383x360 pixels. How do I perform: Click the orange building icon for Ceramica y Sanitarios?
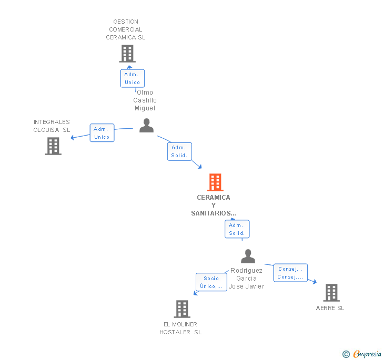215,182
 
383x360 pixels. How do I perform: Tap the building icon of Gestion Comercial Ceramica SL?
127,54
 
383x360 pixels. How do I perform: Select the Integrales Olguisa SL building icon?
53,146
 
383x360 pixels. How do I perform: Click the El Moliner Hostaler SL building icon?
182,309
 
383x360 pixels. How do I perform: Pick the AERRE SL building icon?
331,293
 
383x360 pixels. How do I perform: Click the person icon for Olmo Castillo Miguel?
146,126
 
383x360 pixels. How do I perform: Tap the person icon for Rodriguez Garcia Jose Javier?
248,256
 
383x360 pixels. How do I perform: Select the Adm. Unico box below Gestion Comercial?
132,78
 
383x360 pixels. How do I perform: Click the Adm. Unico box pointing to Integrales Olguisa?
102,133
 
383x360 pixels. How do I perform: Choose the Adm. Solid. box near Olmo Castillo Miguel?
179,151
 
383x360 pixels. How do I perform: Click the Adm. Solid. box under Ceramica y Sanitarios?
237,229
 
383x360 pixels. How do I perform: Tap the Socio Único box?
211,282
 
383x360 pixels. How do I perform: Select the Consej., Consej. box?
290,273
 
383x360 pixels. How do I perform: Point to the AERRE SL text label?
330,308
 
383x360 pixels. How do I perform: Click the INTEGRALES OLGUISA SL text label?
52,126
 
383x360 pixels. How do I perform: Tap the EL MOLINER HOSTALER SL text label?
180,328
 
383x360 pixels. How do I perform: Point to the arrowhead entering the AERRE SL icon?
315,282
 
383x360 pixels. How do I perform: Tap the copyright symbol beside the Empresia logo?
346,355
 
